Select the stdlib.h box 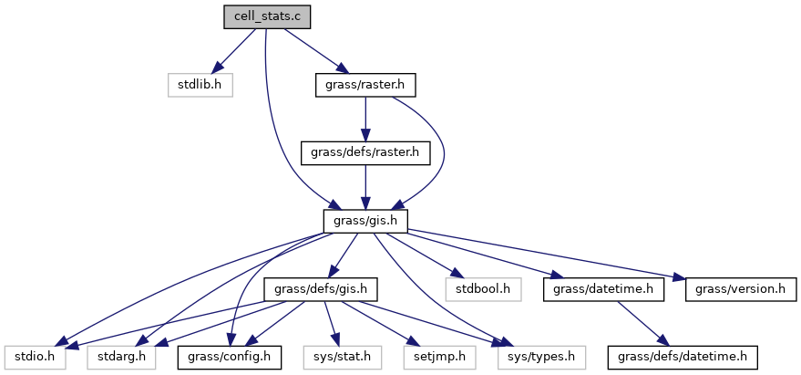pyautogui.click(x=200, y=86)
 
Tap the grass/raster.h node pyautogui.click(x=365, y=86)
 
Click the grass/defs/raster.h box pyautogui.click(x=365, y=152)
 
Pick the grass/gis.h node pyautogui.click(x=365, y=221)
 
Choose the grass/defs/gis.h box pyautogui.click(x=321, y=289)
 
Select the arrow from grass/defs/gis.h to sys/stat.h pyautogui.click(x=330, y=323)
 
